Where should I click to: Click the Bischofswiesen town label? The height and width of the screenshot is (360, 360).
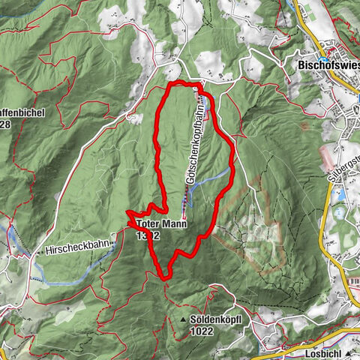[x=325, y=64]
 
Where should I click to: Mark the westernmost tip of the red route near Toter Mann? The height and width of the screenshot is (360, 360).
[x=128, y=218]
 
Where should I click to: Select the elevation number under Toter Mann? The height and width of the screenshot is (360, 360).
[x=148, y=235]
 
